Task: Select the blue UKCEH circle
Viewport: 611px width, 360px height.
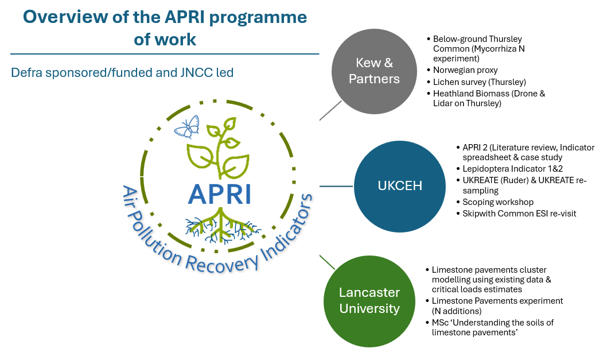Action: pyautogui.click(x=392, y=186)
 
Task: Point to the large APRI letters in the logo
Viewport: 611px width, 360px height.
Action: pyautogui.click(x=220, y=193)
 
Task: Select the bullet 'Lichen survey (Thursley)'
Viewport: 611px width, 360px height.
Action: pyautogui.click(x=479, y=82)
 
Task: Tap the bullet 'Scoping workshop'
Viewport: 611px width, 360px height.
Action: pyautogui.click(x=498, y=202)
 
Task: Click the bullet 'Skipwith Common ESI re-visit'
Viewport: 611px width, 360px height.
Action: pyautogui.click(x=519, y=213)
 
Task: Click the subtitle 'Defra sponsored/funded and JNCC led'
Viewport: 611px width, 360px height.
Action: pyautogui.click(x=122, y=73)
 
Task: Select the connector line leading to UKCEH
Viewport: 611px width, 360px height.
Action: pyautogui.click(x=336, y=186)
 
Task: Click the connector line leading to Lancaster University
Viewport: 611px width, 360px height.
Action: pyautogui.click(x=328, y=262)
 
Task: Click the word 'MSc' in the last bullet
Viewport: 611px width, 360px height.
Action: pyautogui.click(x=441, y=323)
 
